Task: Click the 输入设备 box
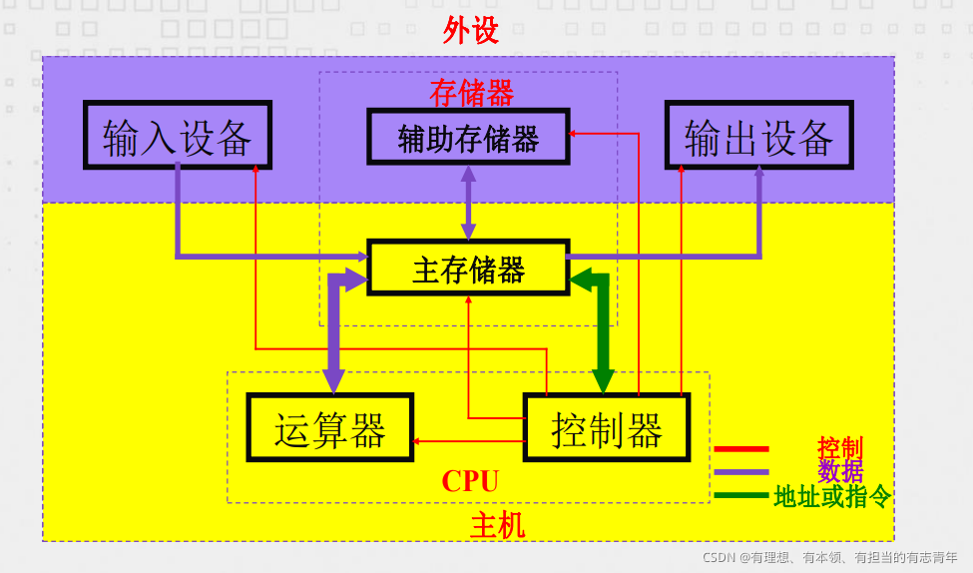[x=177, y=135]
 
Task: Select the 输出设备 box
[x=758, y=135]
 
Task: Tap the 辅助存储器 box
[x=468, y=137]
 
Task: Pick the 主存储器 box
[x=468, y=268]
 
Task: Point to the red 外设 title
[x=470, y=31]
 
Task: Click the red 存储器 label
[x=471, y=93]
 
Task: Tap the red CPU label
[x=470, y=482]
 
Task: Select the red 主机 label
[x=497, y=525]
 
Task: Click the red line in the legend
[x=741, y=449]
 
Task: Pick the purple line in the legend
[x=741, y=471]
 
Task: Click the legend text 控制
[x=839, y=448]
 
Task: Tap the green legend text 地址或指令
[x=832, y=496]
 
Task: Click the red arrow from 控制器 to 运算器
[x=469, y=440]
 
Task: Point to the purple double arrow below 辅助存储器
[x=468, y=203]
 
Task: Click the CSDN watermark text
[x=829, y=557]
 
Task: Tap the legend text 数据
[x=839, y=471]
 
